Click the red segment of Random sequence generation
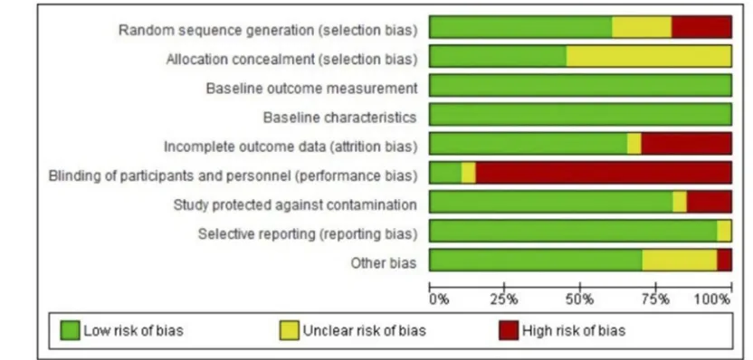coord(701,27)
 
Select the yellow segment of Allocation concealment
coord(649,56)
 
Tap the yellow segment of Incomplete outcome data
coord(634,144)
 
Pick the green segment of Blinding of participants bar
coord(445,173)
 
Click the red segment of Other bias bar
coord(725,261)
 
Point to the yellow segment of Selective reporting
coord(725,231)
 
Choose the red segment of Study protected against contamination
coord(710,202)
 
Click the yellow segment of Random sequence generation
coord(642,27)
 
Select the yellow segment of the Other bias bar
coord(680,261)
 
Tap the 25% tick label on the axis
coord(504,300)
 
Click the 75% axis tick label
coord(656,300)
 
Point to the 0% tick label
coord(440,300)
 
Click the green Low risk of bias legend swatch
coord(70,331)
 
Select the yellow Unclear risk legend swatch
coord(289,331)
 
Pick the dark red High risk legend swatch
coord(509,331)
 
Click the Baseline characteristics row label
coord(340,118)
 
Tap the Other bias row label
coord(384,263)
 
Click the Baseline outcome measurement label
coord(311,89)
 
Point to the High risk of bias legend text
coord(574,331)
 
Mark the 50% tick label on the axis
coord(580,300)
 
